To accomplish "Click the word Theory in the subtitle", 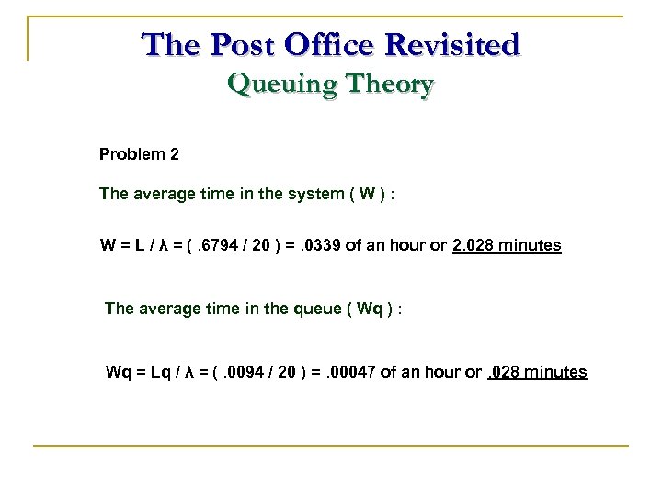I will click(x=387, y=85).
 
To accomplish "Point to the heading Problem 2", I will click(x=139, y=154).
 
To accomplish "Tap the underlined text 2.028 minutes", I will click(x=507, y=246).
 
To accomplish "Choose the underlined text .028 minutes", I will click(x=537, y=372).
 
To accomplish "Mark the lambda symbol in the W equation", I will click(x=164, y=246).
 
